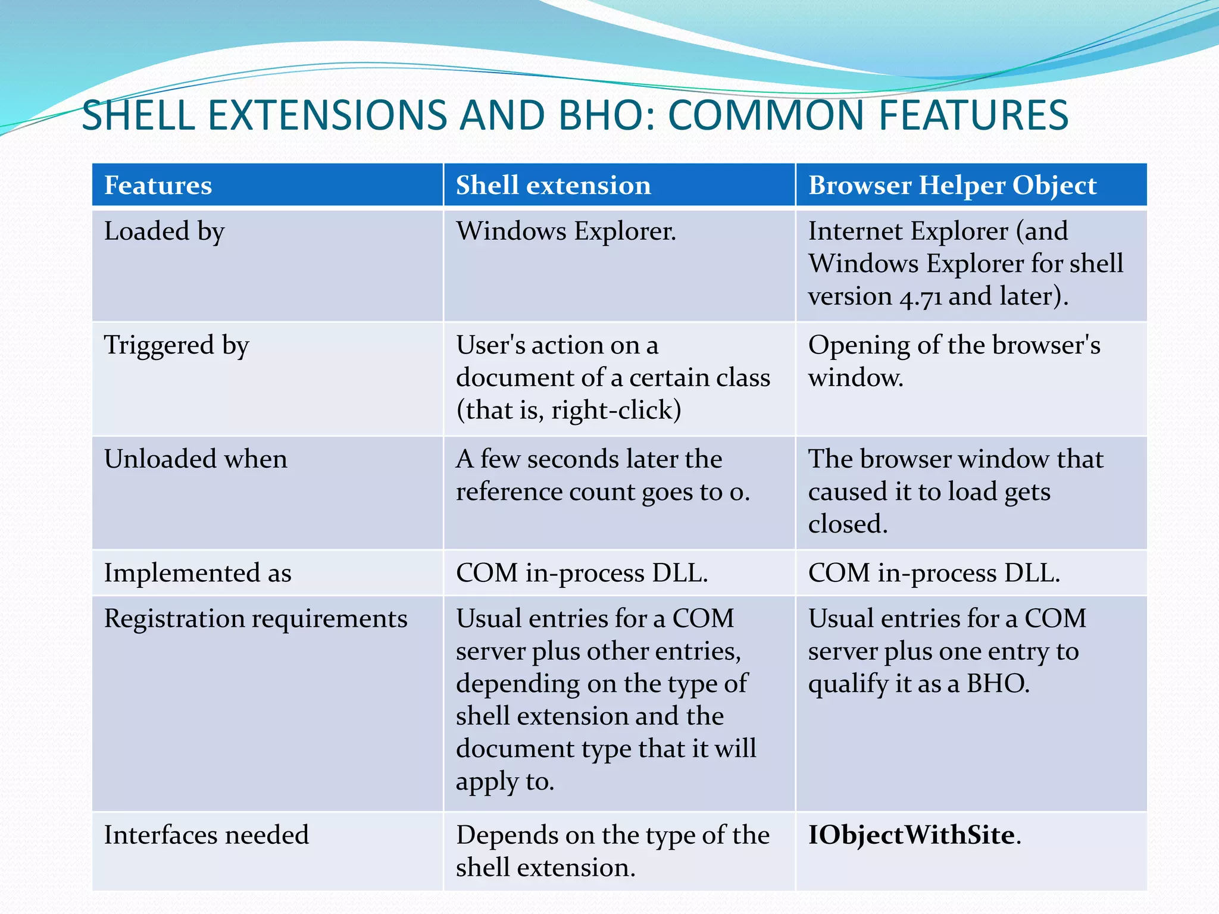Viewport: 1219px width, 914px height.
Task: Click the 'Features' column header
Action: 158,185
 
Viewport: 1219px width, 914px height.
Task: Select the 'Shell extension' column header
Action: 553,185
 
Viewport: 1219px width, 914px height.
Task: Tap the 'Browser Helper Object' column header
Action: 952,185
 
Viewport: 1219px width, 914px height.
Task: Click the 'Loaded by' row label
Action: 164,231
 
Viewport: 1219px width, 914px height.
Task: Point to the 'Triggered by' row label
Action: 176,346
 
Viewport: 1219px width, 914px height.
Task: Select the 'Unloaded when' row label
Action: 195,459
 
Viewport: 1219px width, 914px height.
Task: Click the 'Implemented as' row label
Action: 198,573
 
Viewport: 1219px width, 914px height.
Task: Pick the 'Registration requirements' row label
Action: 255,619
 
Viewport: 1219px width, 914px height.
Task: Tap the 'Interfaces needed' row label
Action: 206,835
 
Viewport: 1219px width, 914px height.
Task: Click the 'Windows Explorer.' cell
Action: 566,231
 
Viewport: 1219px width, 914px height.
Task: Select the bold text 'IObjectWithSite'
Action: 911,835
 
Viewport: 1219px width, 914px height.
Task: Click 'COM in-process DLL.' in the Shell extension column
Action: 582,573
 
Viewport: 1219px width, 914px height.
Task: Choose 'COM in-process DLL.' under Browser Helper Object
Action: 934,573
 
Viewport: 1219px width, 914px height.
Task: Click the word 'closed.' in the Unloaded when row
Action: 848,524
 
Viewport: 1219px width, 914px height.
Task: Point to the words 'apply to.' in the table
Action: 505,781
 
